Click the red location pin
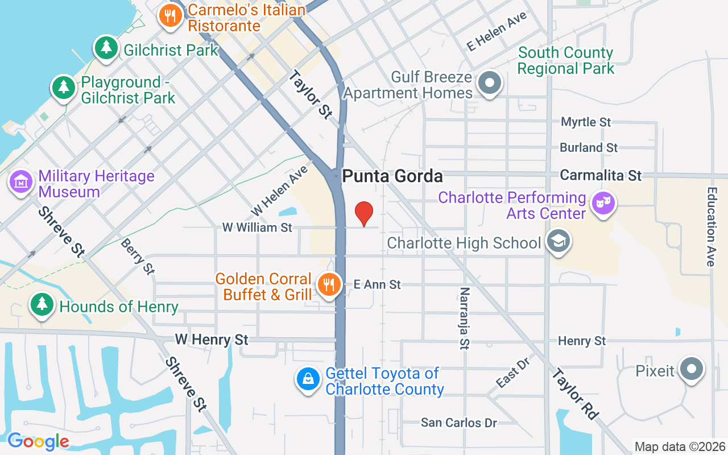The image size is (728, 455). pos(364,213)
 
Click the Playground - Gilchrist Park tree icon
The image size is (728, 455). pos(64,88)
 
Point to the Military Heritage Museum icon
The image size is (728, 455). pos(22,183)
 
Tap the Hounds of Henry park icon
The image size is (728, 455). pos(42,305)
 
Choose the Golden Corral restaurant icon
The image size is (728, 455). pos(328,285)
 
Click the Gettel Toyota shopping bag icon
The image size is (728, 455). pos(308,379)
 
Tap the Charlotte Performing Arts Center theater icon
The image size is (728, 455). pos(603,203)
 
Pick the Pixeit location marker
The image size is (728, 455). pos(692,369)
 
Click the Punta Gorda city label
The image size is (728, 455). pos(392,176)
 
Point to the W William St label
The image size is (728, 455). pos(257,227)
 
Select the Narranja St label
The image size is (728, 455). pos(465,317)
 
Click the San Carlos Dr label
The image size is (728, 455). pos(459,423)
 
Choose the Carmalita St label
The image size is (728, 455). pos(601,175)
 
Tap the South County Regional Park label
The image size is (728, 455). pos(565,61)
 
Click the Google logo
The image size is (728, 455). pos(38,441)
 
